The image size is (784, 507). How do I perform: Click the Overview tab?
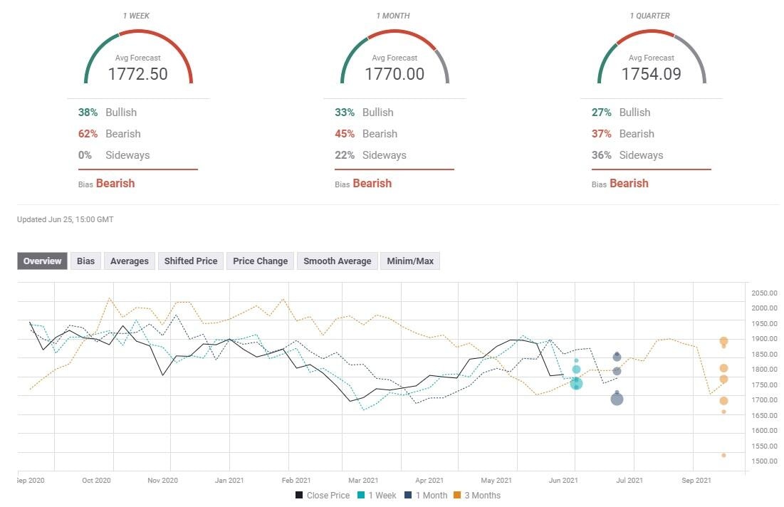[43, 261]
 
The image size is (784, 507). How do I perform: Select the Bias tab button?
[86, 261]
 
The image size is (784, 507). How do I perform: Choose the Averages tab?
[130, 261]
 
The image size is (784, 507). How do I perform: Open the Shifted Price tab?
[191, 261]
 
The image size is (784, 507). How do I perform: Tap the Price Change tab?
[260, 261]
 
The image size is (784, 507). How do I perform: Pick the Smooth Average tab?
[337, 261]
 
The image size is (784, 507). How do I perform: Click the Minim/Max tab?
[410, 261]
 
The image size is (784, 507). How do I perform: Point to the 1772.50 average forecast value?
[138, 73]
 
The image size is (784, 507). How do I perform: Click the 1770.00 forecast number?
[394, 73]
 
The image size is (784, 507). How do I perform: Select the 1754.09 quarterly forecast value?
[651, 73]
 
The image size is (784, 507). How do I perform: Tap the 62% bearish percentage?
[88, 134]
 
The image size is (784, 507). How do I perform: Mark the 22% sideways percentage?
[345, 155]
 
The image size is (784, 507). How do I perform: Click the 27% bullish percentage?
[601, 113]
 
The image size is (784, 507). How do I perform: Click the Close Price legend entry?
[323, 495]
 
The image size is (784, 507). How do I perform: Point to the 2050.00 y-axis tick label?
[764, 293]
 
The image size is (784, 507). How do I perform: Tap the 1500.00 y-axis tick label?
[764, 461]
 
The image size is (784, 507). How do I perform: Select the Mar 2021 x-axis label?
[363, 481]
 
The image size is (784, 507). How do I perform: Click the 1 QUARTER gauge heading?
[651, 16]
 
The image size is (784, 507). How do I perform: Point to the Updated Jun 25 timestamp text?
[65, 219]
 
